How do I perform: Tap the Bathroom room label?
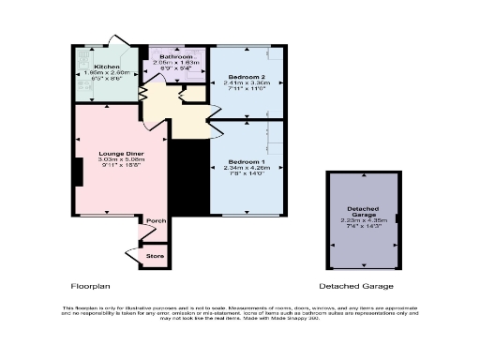175,56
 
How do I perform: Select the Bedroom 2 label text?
245,75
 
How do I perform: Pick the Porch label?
156,221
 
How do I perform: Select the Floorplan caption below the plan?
90,286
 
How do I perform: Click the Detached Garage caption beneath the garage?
355,286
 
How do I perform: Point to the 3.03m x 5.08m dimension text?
122,158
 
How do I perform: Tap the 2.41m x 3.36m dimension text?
245,82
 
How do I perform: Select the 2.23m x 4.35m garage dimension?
362,221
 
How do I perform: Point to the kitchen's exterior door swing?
118,41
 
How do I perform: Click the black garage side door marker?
397,218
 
